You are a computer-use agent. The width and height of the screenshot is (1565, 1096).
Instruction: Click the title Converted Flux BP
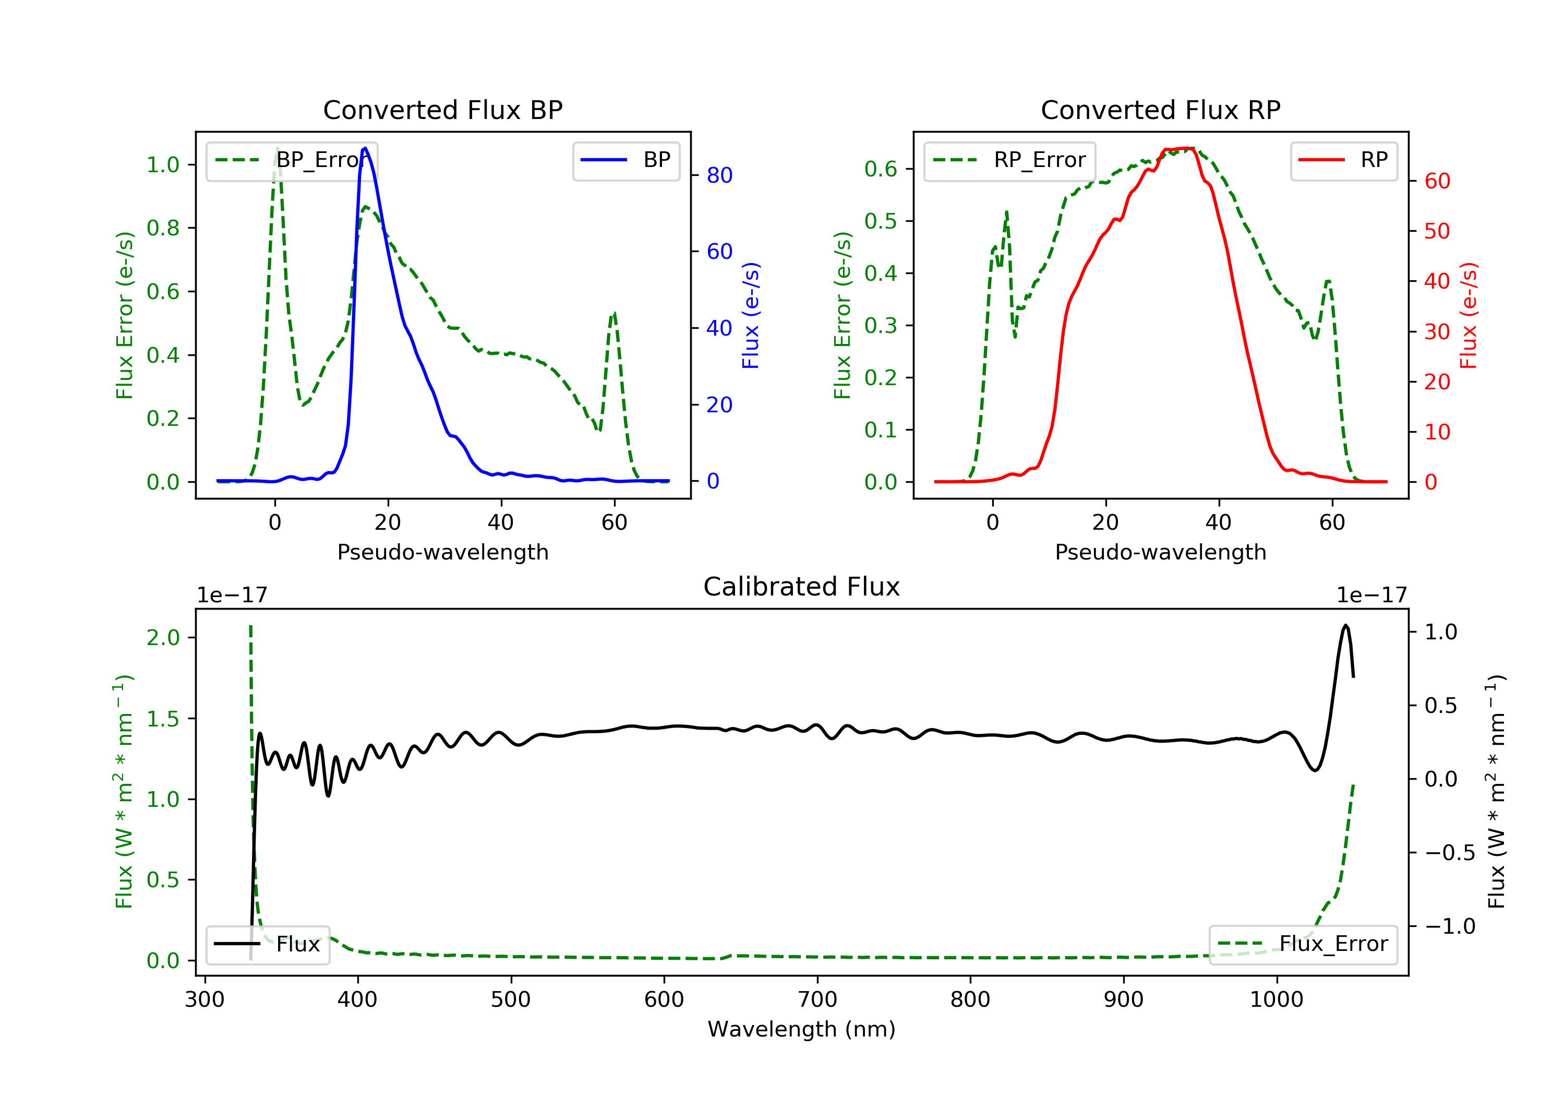pyautogui.click(x=442, y=110)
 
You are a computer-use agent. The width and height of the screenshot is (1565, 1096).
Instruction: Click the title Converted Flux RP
pyautogui.click(x=1160, y=110)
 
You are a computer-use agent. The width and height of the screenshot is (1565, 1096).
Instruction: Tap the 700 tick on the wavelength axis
pyautogui.click(x=817, y=1000)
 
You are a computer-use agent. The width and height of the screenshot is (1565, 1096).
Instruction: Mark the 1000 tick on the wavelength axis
pyautogui.click(x=1276, y=1000)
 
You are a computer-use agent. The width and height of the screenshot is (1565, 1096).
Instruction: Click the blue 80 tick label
pyautogui.click(x=719, y=176)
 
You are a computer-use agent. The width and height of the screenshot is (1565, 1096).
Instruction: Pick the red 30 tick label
pyautogui.click(x=1437, y=332)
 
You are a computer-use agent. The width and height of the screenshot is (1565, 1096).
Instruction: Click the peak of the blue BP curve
pyautogui.click(x=365, y=149)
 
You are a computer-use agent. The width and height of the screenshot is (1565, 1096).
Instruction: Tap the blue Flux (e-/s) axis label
pyautogui.click(x=751, y=315)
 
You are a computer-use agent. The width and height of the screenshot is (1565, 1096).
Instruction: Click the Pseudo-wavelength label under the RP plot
pyautogui.click(x=1160, y=552)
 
